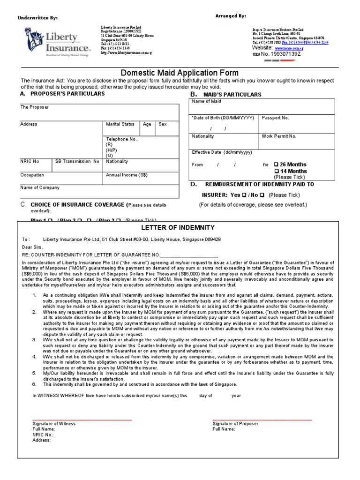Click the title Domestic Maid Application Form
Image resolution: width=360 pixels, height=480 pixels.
pyautogui.click(x=180, y=73)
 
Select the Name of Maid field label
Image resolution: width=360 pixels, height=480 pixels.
pyautogui.click(x=206, y=102)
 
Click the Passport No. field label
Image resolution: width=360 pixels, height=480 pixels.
pyautogui.click(x=275, y=118)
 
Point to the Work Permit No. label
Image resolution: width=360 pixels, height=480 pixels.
pyautogui.click(x=279, y=136)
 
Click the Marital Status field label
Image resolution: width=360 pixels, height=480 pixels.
pyautogui.click(x=120, y=124)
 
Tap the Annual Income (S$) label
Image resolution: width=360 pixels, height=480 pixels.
pyautogui.click(x=127, y=175)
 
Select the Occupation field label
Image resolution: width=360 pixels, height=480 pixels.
pyautogui.click(x=32, y=175)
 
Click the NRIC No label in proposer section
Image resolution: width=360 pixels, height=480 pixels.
pyautogui.click(x=30, y=162)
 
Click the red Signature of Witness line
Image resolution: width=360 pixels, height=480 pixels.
pyautogui.click(x=82, y=420)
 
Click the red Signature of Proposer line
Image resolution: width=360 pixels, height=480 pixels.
pyautogui.click(x=262, y=420)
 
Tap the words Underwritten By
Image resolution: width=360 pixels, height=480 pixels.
pyautogui.click(x=37, y=18)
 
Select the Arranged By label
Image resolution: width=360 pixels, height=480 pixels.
pyautogui.click(x=230, y=16)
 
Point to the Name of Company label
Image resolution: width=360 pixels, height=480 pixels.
pyautogui.click(x=40, y=188)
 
